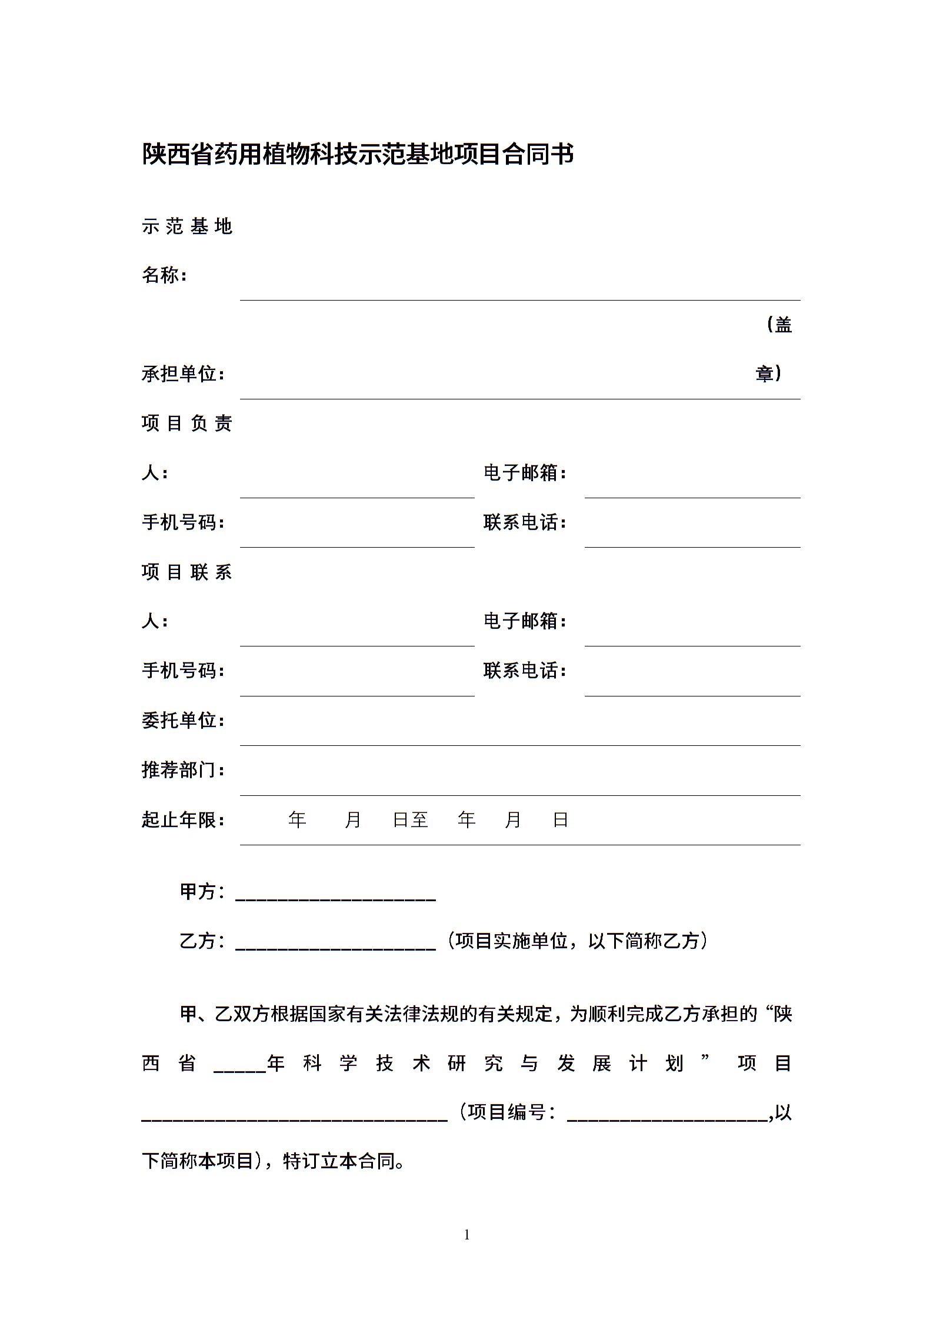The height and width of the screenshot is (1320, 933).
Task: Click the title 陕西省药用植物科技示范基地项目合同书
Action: (358, 155)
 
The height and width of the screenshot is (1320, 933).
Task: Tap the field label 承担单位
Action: (179, 374)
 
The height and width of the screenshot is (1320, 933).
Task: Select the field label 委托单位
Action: (179, 720)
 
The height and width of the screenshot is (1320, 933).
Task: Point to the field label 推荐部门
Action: (179, 769)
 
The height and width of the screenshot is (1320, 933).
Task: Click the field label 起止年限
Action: (179, 819)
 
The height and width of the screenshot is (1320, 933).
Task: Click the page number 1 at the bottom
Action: (467, 1235)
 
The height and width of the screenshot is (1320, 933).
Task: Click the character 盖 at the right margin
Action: (783, 325)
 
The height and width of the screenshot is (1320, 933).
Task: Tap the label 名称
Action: (161, 275)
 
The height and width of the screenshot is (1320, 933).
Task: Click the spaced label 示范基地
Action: (187, 226)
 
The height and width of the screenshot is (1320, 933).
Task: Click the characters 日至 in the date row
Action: (411, 819)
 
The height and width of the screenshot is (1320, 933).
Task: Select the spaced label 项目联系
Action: (187, 572)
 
